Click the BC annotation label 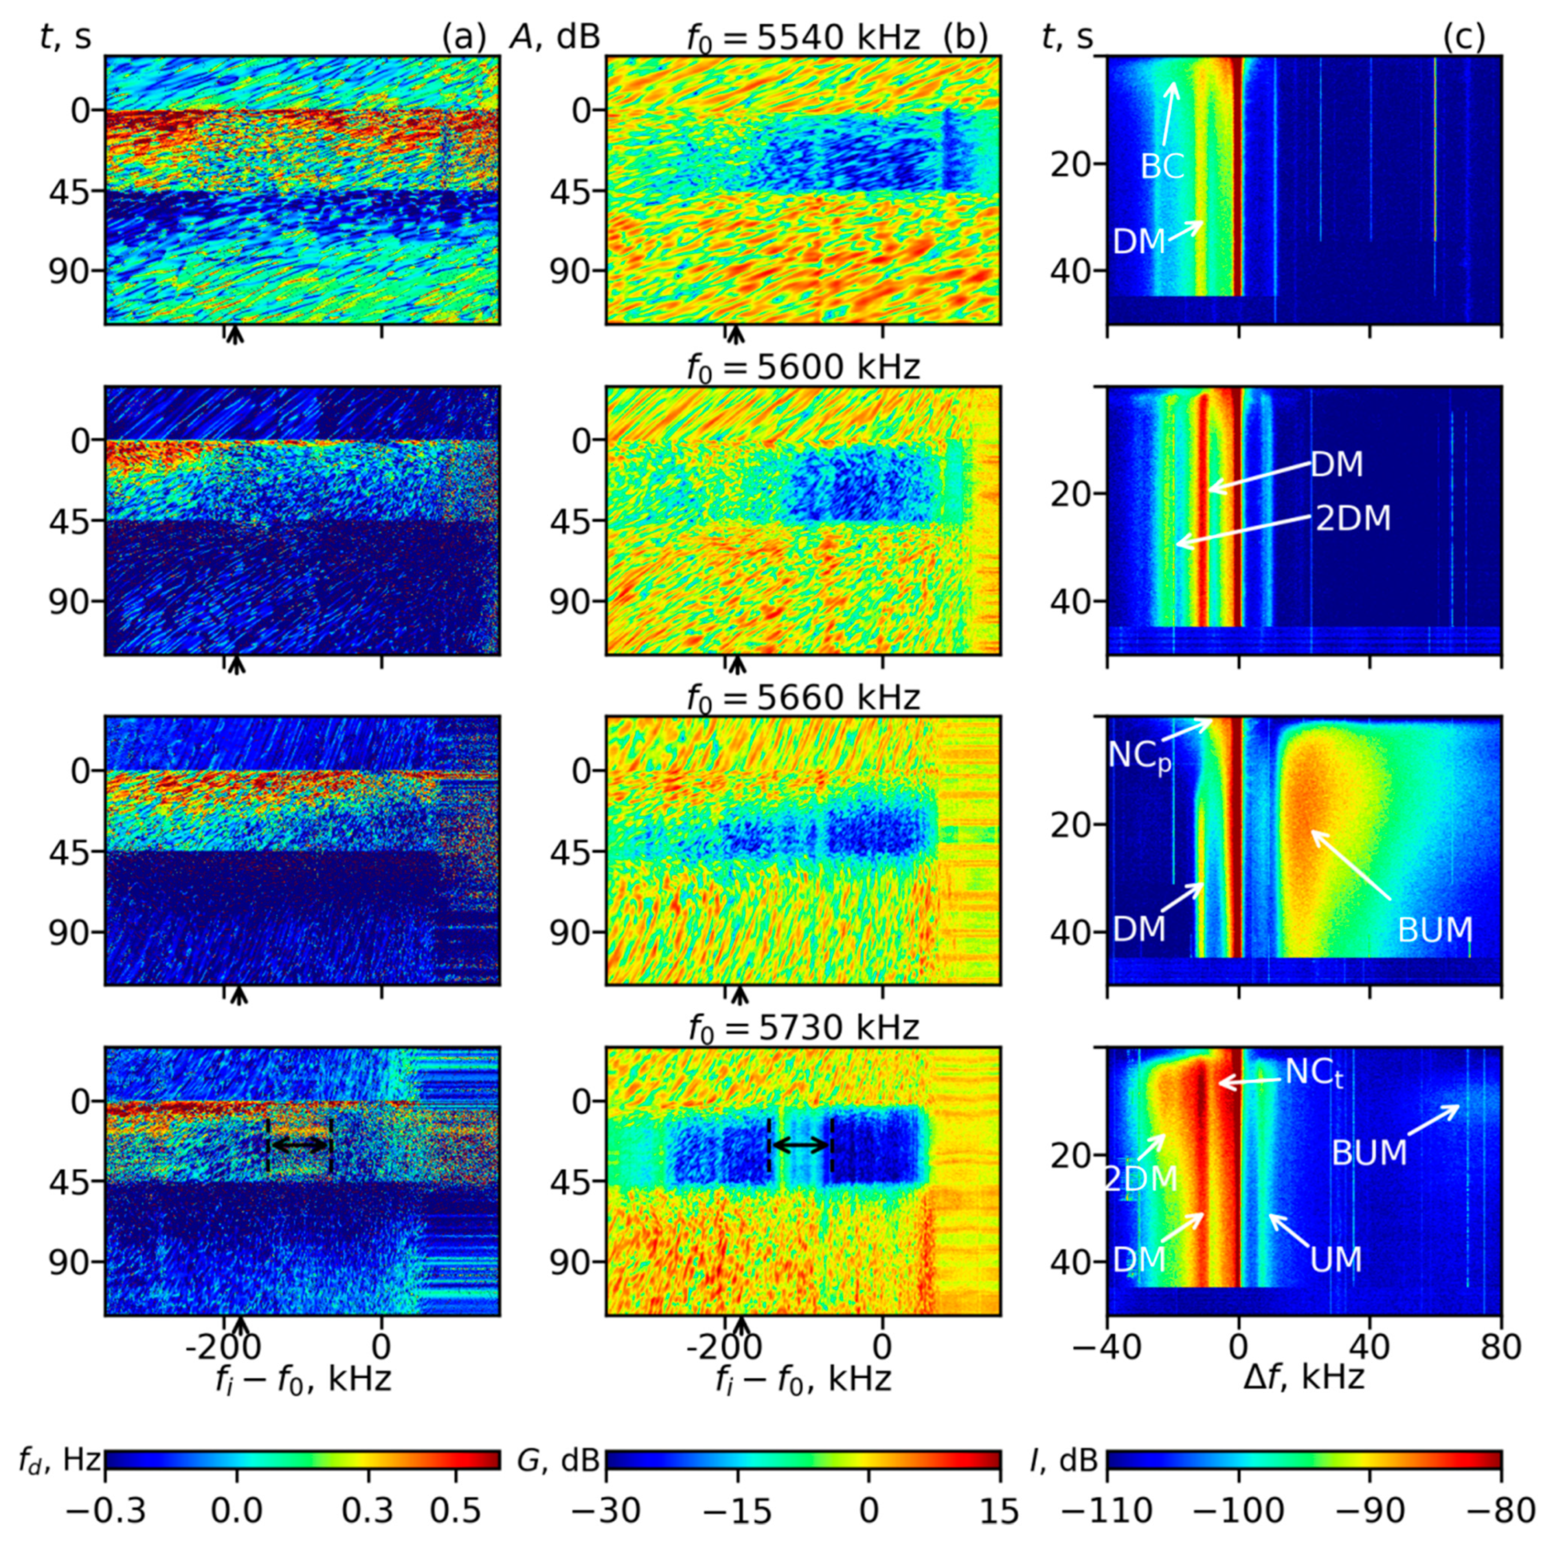pyautogui.click(x=1162, y=166)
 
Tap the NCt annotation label pyautogui.click(x=1314, y=1072)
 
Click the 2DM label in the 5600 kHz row pyautogui.click(x=1353, y=519)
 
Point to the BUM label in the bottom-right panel pyautogui.click(x=1369, y=1153)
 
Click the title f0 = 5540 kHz pyautogui.click(x=803, y=38)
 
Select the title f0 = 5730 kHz pyautogui.click(x=803, y=1028)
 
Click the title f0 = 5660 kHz pyautogui.click(x=803, y=697)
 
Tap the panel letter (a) pyautogui.click(x=464, y=37)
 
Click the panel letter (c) pyautogui.click(x=1464, y=37)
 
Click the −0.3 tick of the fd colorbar pyautogui.click(x=105, y=1511)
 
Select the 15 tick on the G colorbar pyautogui.click(x=1000, y=1511)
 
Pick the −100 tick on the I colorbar pyautogui.click(x=1238, y=1511)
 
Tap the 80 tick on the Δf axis pyautogui.click(x=1500, y=1346)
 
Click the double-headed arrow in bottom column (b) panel pyautogui.click(x=800, y=1144)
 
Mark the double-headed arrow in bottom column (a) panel pyautogui.click(x=299, y=1144)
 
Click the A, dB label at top pyautogui.click(x=555, y=37)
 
